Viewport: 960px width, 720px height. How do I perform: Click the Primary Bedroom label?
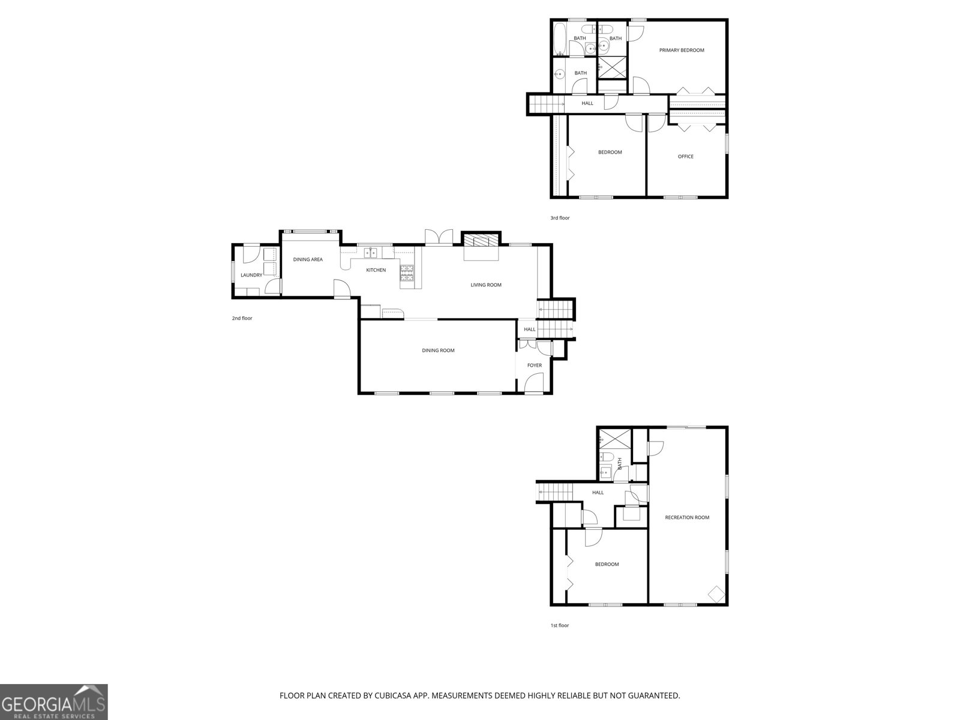pyautogui.click(x=682, y=50)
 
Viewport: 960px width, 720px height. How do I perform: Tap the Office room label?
pyautogui.click(x=685, y=157)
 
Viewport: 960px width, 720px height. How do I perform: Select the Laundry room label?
pyautogui.click(x=251, y=275)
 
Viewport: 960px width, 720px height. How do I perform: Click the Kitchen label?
pyautogui.click(x=376, y=270)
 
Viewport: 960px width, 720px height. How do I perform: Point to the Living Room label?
pyautogui.click(x=486, y=285)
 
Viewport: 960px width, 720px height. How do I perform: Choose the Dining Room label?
pyautogui.click(x=438, y=350)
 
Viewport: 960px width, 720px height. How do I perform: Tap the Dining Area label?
pyautogui.click(x=308, y=260)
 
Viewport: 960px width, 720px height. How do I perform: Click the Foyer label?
pyautogui.click(x=534, y=365)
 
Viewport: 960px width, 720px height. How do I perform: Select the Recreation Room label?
pyautogui.click(x=687, y=517)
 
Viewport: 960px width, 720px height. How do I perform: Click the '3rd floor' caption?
pyautogui.click(x=560, y=218)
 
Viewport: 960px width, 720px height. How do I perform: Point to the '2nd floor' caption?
pyautogui.click(x=242, y=318)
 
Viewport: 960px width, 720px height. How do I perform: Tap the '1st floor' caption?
pyautogui.click(x=559, y=625)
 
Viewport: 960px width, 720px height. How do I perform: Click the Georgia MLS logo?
pyautogui.click(x=54, y=701)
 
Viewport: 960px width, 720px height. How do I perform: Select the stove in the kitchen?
pyautogui.click(x=407, y=274)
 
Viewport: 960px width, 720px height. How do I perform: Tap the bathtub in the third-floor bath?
pyautogui.click(x=559, y=38)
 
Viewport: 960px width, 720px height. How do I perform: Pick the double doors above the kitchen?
pyautogui.click(x=439, y=237)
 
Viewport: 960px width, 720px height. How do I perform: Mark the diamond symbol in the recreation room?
pyautogui.click(x=716, y=593)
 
